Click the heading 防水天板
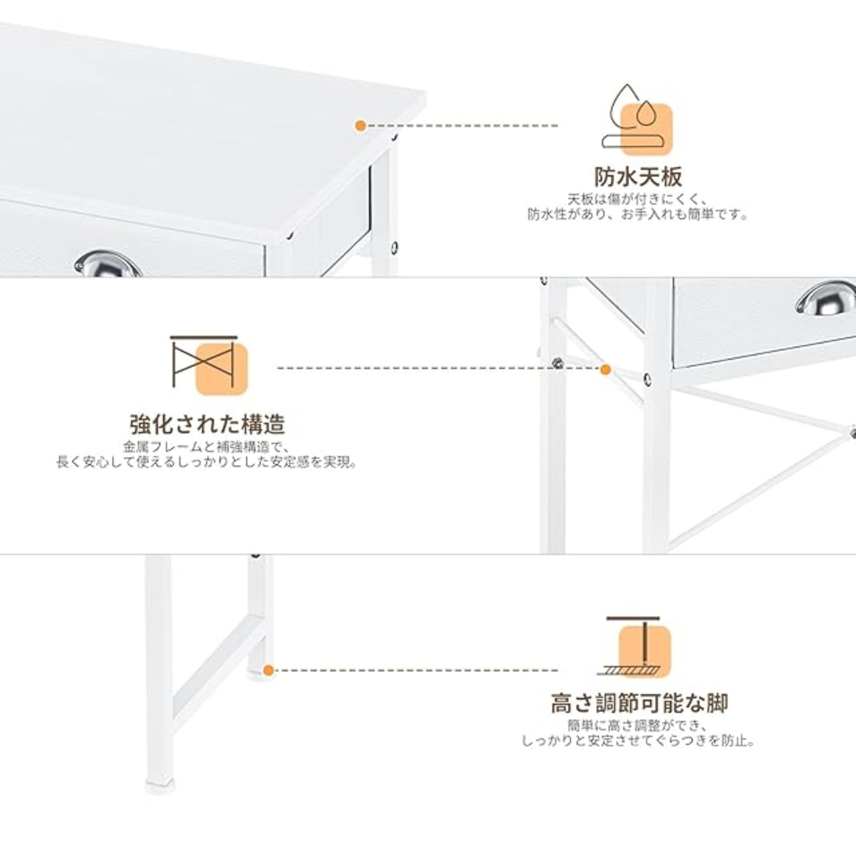coord(638,177)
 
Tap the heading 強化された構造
coord(207,424)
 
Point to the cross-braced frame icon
coord(209,365)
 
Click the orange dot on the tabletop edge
coord(360,126)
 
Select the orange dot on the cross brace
coord(605,369)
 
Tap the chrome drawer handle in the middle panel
coord(826,297)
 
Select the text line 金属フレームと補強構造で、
coord(207,447)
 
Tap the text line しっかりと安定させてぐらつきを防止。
coord(638,741)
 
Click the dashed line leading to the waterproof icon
coord(462,126)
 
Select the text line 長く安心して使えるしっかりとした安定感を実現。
coord(207,462)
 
